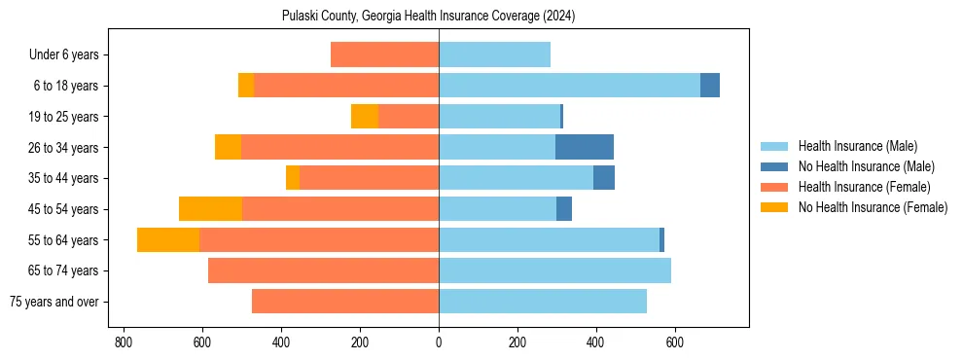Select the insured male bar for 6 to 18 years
(x=569, y=86)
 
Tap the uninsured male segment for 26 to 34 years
(x=584, y=147)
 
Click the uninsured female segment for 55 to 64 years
(x=168, y=239)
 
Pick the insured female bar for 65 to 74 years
(x=323, y=270)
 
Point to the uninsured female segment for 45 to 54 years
(x=210, y=209)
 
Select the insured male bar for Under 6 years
(x=494, y=54)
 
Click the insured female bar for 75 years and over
(x=345, y=302)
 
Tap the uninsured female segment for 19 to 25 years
(x=365, y=117)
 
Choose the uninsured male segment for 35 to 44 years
(x=604, y=178)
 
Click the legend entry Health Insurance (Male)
(x=857, y=146)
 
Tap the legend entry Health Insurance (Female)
(x=864, y=187)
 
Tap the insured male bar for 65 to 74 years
(x=554, y=270)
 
